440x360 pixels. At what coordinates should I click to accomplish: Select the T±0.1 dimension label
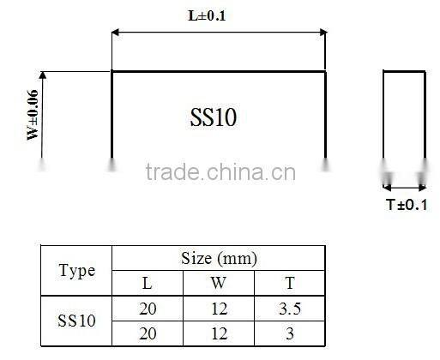[406, 204]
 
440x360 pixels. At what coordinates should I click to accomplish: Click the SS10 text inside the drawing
[213, 118]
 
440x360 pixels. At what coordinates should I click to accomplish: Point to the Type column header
[76, 271]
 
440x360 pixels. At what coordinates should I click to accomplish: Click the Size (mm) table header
[219, 258]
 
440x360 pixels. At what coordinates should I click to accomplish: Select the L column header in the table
[148, 284]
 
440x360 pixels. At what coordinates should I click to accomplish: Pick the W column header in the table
[219, 284]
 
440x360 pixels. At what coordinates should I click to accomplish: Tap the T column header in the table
[290, 284]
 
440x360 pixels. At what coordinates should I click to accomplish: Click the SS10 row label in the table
[76, 321]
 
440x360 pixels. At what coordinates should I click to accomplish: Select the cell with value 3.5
[290, 309]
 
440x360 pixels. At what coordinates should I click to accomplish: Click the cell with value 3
[290, 333]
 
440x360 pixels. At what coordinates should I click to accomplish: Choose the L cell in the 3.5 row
[148, 309]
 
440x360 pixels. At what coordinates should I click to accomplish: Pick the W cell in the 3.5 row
[219, 309]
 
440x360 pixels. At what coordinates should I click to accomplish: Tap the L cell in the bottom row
[148, 333]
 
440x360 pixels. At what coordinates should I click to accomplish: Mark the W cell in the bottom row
[219, 333]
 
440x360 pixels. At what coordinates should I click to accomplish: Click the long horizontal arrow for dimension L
[218, 33]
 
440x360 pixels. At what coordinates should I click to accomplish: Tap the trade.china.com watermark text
[220, 173]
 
